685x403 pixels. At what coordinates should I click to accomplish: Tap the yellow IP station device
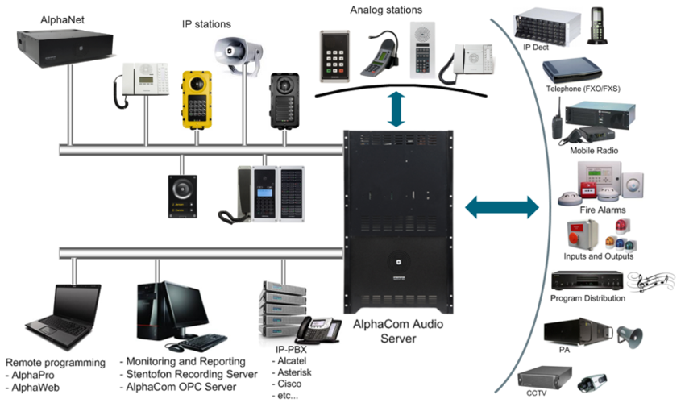tap(196, 102)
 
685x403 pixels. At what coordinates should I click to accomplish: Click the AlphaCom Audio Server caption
tap(391, 332)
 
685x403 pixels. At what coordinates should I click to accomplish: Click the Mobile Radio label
tap(592, 151)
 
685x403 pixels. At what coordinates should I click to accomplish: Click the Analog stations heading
tap(385, 10)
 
